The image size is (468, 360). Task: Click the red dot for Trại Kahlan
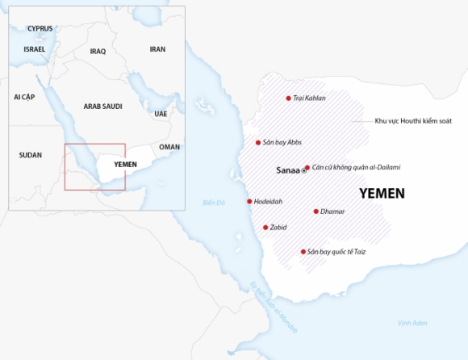pos(288,98)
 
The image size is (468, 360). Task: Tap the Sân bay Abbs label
pos(282,142)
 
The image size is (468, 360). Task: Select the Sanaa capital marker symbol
pos(304,171)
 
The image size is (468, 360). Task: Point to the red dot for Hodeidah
pos(249,201)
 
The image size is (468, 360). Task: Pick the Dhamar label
pos(332,211)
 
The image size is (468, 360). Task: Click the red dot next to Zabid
pos(265,228)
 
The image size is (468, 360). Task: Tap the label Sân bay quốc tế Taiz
pos(336,252)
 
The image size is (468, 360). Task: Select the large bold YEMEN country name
pos(382,194)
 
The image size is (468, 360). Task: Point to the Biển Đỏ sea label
pos(214,202)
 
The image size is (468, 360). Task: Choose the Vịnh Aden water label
pos(412,323)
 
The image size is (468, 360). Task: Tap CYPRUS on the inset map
pos(40,28)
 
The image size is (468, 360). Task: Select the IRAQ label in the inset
pos(98,51)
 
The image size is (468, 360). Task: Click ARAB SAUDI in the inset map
pos(102,106)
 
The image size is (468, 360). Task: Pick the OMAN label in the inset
pos(169,147)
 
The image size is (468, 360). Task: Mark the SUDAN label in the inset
pos(31,154)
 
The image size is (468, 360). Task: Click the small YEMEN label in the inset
pos(126,164)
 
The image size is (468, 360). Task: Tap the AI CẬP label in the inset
pos(24,97)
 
